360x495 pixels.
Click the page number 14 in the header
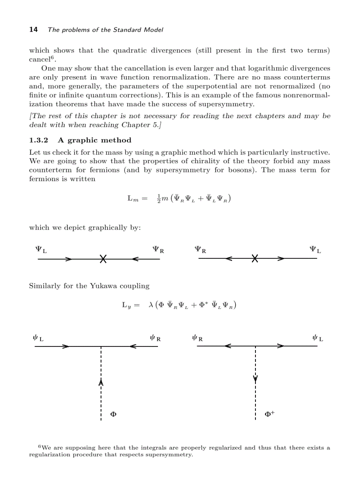(33, 30)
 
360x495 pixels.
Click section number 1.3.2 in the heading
(38, 140)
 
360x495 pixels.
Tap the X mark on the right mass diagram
(255, 259)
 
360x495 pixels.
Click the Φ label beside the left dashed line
(113, 414)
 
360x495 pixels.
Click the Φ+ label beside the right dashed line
(270, 414)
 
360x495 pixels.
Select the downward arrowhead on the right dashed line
(255, 379)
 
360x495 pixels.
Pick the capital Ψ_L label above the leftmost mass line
(41, 249)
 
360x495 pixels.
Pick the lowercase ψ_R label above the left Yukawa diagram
(155, 339)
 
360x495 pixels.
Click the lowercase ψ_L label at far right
(317, 339)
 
